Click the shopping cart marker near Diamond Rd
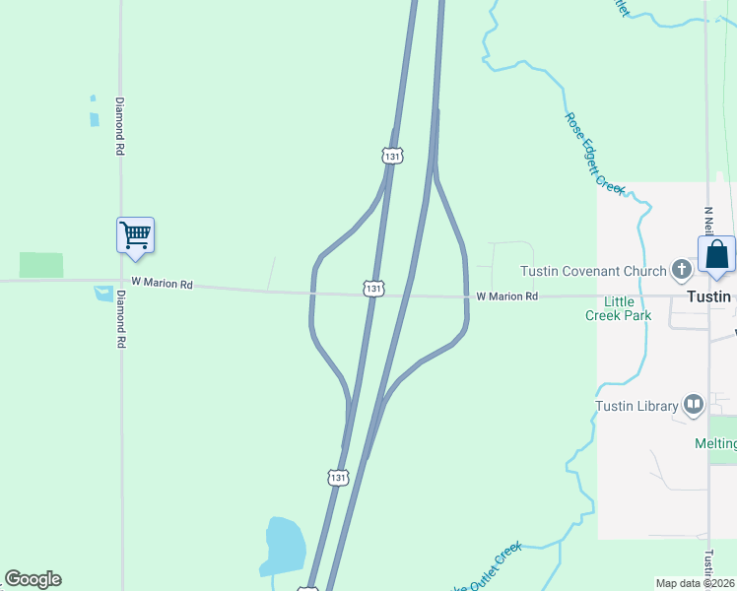(x=135, y=236)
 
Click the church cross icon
(x=680, y=269)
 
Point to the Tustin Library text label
(x=636, y=406)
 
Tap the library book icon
(x=694, y=405)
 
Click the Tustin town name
(x=709, y=296)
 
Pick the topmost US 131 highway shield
(x=393, y=156)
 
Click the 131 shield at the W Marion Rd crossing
(x=372, y=288)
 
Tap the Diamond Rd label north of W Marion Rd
(x=120, y=126)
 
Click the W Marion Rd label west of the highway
(x=162, y=284)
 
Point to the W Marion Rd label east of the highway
(x=507, y=295)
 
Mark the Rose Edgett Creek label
(x=594, y=152)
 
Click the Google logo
(x=33, y=579)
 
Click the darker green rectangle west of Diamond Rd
(x=41, y=265)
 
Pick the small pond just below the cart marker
(x=103, y=293)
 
